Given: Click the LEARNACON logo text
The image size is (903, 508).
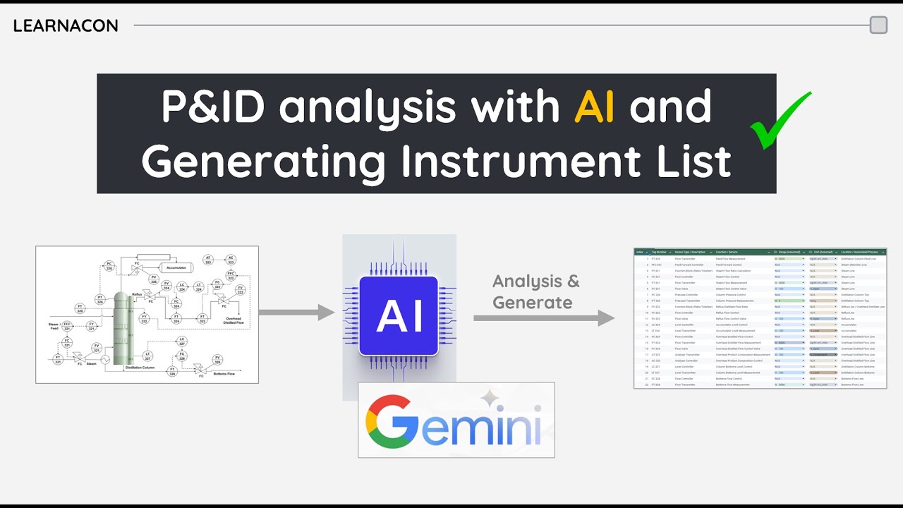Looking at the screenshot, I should click(66, 26).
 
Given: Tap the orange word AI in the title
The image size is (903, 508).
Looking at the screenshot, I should click(593, 107).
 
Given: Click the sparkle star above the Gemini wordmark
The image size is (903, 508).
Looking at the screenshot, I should click(490, 400).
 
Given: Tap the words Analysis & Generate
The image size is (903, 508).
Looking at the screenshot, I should click(535, 291).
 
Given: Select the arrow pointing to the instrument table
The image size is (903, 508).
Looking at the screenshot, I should click(543, 318).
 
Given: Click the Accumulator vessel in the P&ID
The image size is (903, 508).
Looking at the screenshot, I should click(179, 267).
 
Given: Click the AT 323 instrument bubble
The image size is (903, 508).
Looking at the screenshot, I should click(208, 260).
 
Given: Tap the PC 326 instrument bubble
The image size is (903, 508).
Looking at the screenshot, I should click(109, 267).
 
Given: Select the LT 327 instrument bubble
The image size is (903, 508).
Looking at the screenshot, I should click(147, 356).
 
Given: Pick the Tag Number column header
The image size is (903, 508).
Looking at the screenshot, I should click(660, 252).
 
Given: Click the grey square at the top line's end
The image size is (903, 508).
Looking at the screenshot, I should click(878, 25).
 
